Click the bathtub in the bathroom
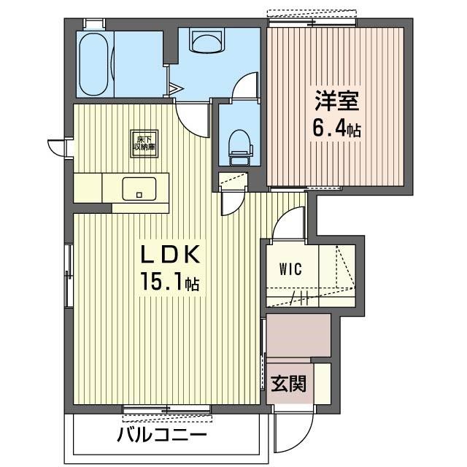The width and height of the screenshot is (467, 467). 95,63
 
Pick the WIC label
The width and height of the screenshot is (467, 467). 290,268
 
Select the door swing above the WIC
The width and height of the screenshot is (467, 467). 288,223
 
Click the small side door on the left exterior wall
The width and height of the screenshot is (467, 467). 58,147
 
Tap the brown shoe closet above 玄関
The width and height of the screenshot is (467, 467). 298,335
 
